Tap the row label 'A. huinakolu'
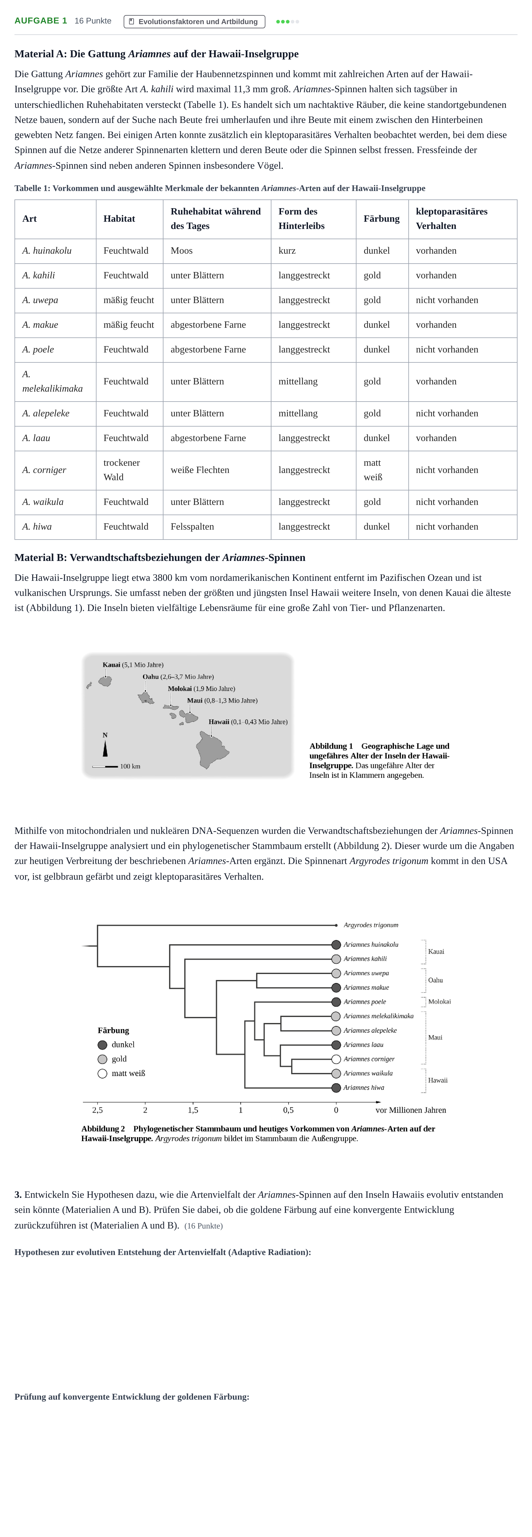46,251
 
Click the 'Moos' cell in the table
182,251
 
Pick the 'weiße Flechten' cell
200,470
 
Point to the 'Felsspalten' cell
192,527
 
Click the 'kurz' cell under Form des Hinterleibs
287,251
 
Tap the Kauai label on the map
133,665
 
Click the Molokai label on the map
201,689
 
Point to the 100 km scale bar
105,766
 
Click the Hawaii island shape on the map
212,750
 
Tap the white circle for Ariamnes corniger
336,1059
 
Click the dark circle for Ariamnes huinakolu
336,944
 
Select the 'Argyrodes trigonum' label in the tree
371,925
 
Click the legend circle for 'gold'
102,1059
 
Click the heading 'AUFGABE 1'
41,21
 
